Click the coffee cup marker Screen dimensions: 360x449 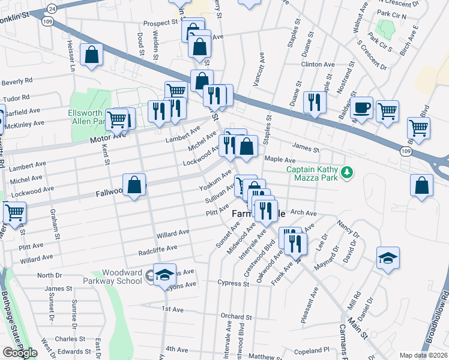coord(362,108)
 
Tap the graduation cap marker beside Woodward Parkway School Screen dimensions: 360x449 coord(164,275)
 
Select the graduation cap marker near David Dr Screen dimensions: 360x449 coord(388,259)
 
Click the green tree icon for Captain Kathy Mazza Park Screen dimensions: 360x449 coord(346,173)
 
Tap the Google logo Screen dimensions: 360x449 coord(20,353)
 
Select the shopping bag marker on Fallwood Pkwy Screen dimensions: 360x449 coord(134,185)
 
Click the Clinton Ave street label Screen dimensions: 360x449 coord(318,64)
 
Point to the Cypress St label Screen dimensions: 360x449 coord(234,281)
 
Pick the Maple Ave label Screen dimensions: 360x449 coord(280,160)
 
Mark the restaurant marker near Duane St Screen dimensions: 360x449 coord(315,102)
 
